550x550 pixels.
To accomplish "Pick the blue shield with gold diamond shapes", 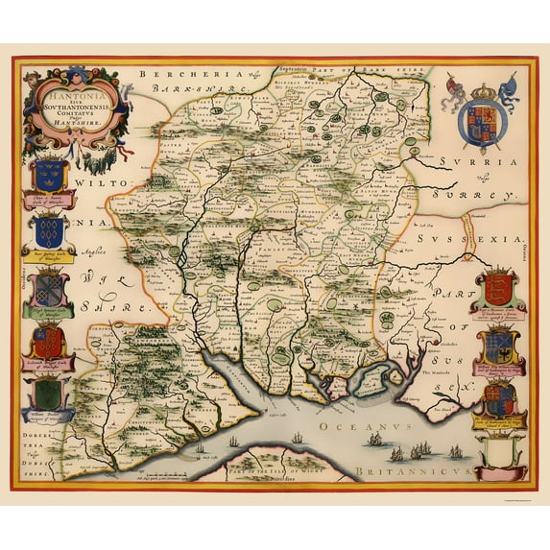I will click(x=50, y=230).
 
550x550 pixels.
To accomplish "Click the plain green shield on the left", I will click(x=50, y=393).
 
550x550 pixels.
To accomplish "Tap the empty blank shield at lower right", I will click(x=498, y=449).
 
